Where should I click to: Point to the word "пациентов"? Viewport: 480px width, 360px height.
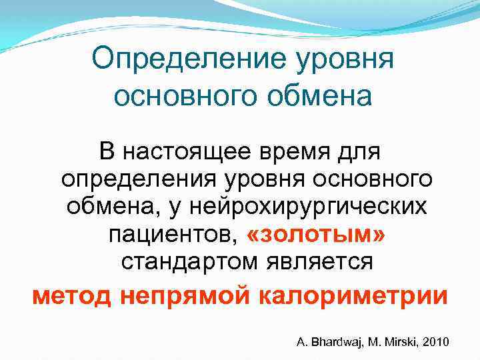pyautogui.click(x=171, y=235)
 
